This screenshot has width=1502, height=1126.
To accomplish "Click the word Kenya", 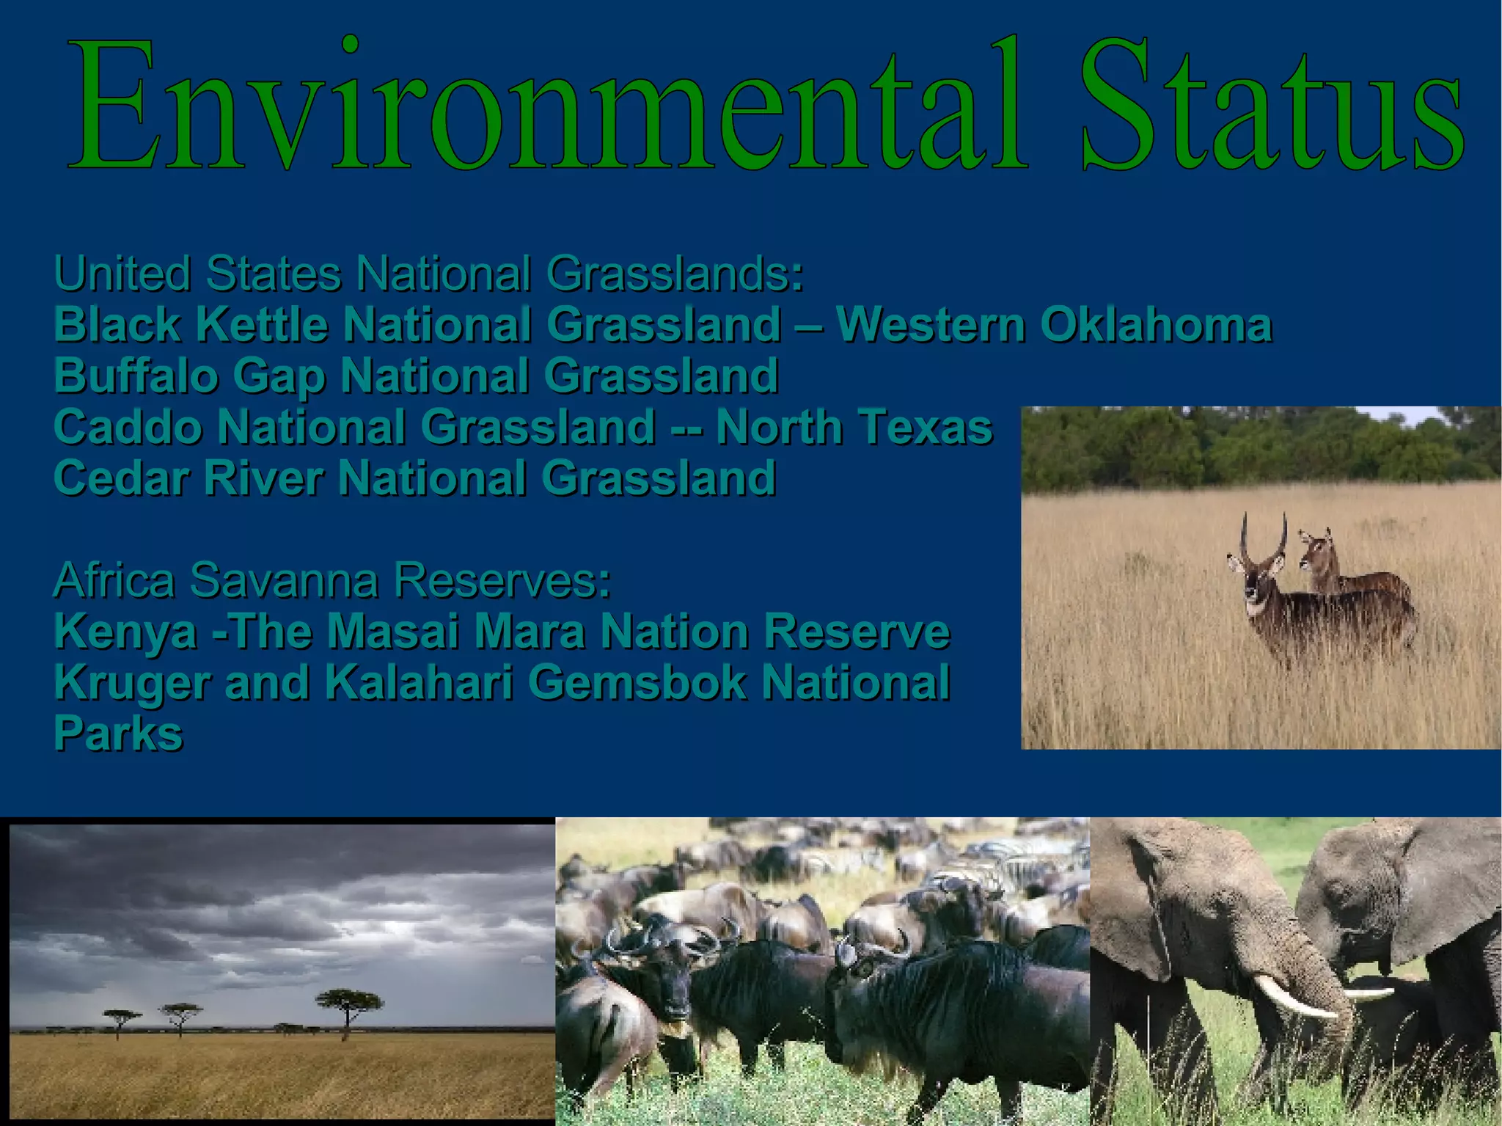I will coord(125,632).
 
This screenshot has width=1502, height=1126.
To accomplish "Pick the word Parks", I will coord(118,734).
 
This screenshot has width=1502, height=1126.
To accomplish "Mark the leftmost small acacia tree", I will coord(122,1020).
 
